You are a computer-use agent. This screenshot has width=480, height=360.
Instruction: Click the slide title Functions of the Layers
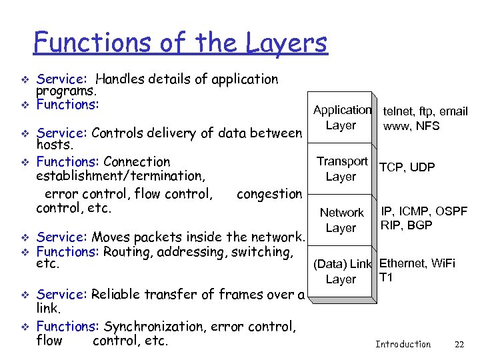coord(180,43)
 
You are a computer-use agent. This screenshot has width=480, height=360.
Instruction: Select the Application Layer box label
coord(342,117)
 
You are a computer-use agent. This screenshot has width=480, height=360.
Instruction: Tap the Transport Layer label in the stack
coord(342,169)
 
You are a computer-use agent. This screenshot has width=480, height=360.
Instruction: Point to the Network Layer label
coord(341,220)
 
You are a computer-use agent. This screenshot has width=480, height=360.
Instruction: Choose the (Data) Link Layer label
coord(341,271)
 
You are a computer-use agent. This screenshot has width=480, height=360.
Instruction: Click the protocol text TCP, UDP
coord(407,167)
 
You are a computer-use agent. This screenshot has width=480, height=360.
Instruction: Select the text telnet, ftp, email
coord(425,111)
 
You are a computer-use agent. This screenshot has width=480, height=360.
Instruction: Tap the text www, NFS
coord(411,125)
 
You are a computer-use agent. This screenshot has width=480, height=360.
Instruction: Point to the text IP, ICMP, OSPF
coord(424,212)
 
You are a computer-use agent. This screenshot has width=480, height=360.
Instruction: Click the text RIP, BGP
coord(407,225)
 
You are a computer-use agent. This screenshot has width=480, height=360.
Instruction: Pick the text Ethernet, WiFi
coord(417,263)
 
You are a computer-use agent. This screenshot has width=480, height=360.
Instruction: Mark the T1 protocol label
coord(386,277)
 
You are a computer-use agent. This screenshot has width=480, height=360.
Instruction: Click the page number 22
coord(459,344)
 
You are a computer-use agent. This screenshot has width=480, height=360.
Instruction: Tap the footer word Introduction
coord(403,344)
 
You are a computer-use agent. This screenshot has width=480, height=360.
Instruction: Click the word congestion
coord(269,194)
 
